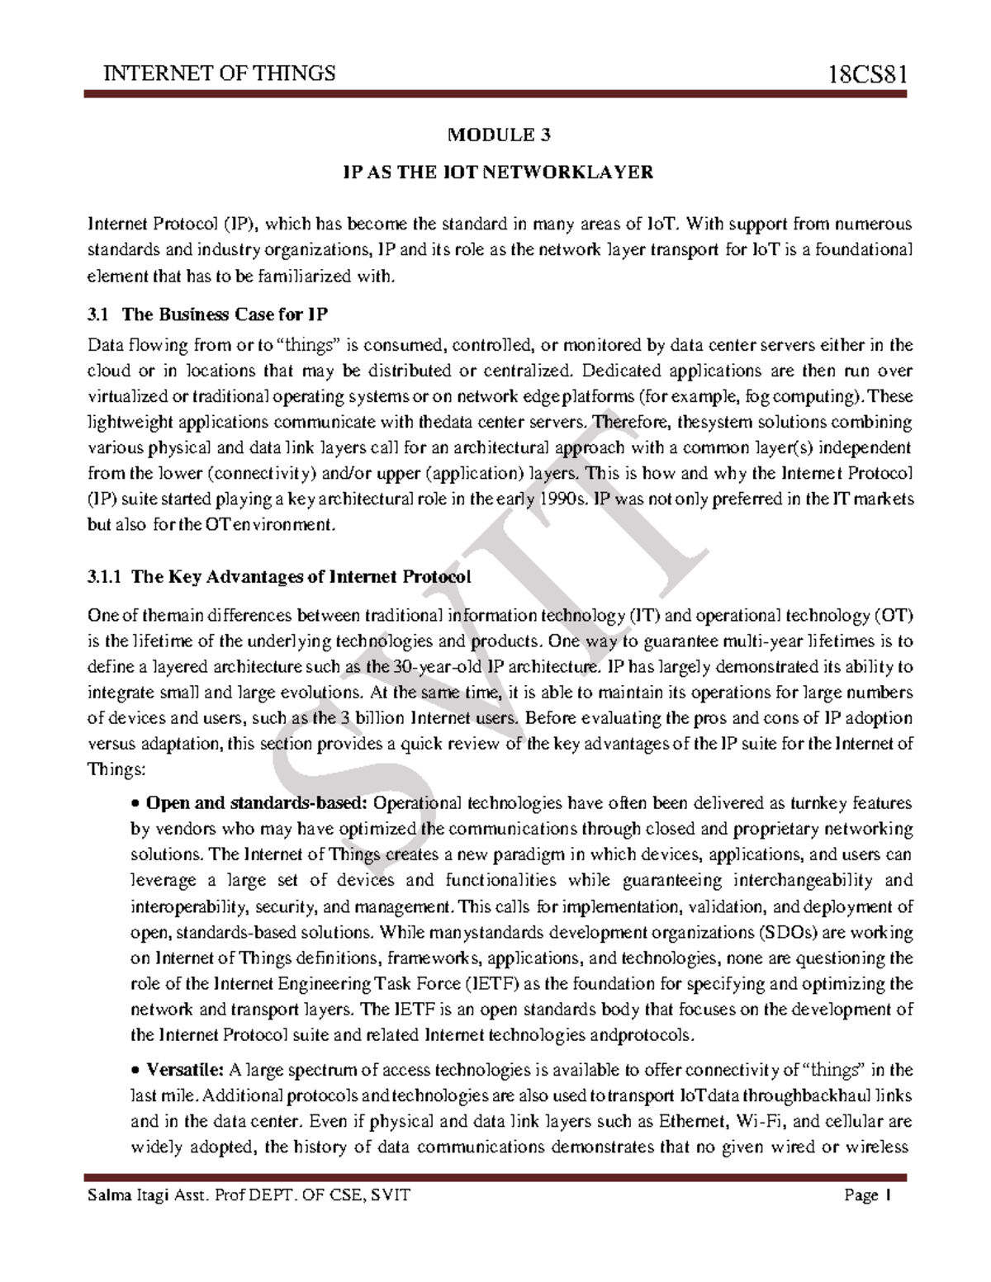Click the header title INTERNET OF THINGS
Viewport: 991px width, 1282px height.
(219, 74)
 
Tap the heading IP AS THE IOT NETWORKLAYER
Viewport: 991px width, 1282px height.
(498, 173)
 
